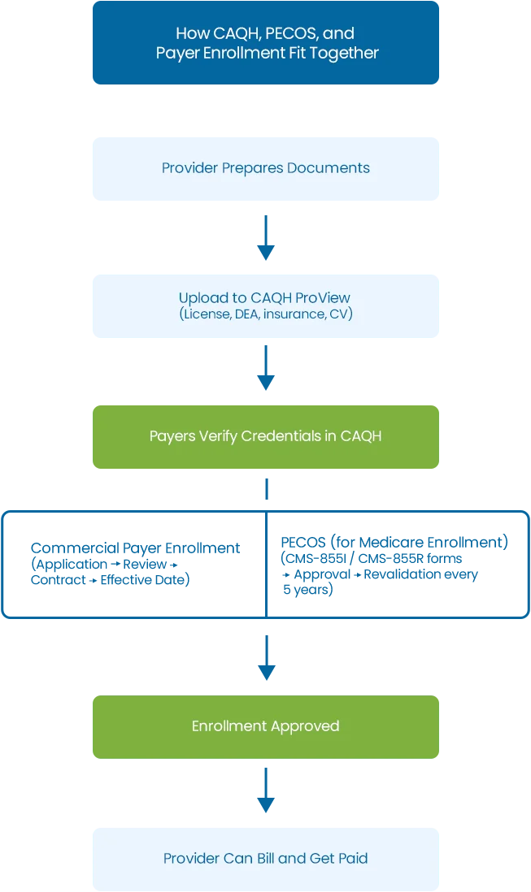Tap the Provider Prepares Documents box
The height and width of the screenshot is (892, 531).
pyautogui.click(x=266, y=168)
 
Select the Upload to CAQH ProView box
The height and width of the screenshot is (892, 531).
pyautogui.click(x=266, y=305)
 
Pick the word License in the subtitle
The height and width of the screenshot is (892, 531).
pyautogui.click(x=207, y=314)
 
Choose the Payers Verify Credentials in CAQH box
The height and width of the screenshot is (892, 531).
pyautogui.click(x=266, y=437)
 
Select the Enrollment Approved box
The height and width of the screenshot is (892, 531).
pyautogui.click(x=266, y=727)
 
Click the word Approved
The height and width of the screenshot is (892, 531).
pyautogui.click(x=308, y=726)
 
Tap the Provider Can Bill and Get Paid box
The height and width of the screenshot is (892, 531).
pyautogui.click(x=266, y=858)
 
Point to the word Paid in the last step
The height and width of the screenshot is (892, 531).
pyautogui.click(x=352, y=858)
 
